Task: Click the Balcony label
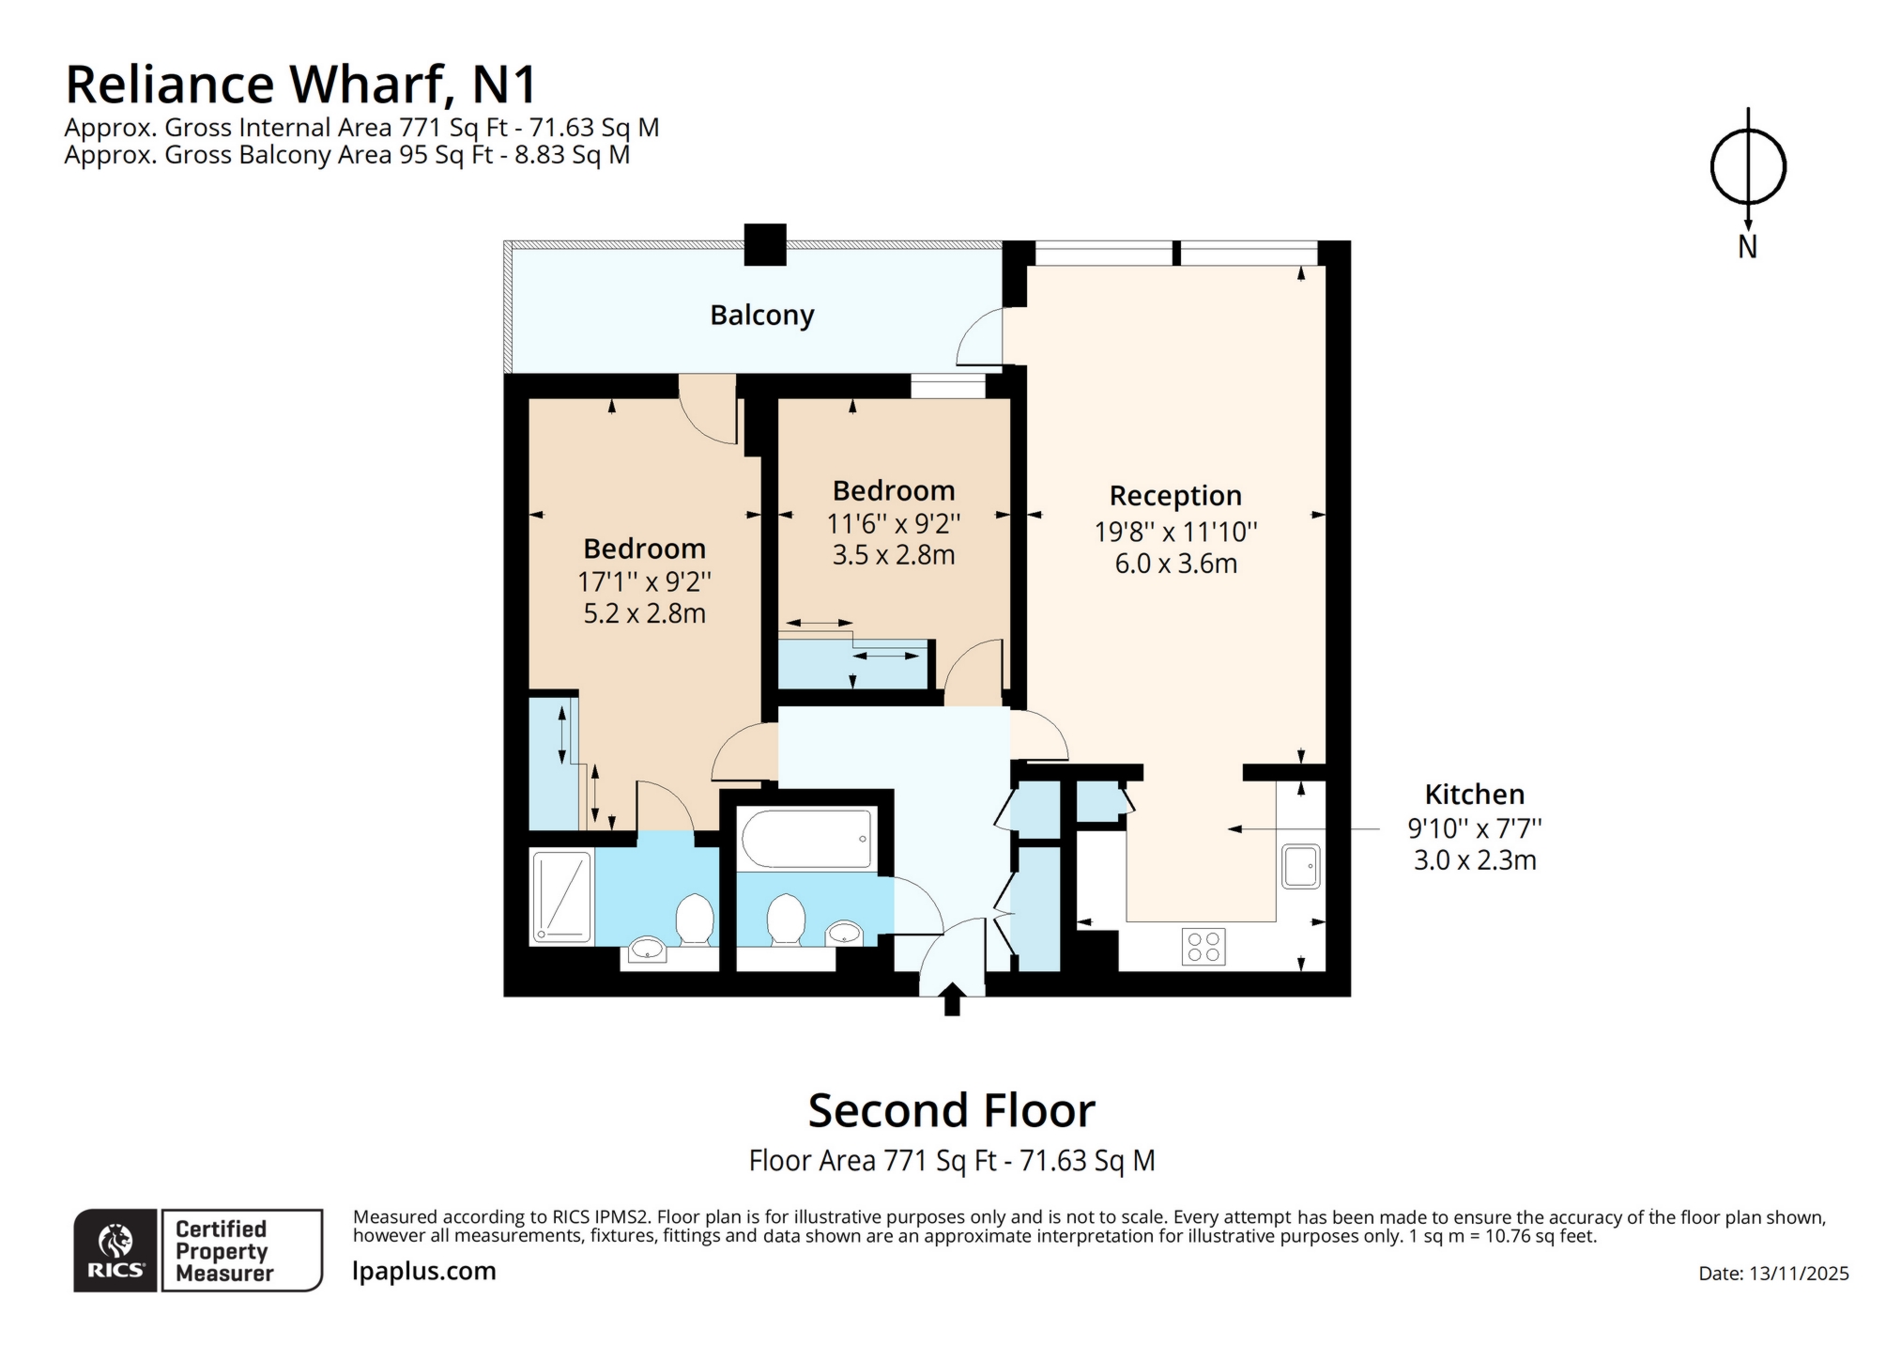click(x=761, y=315)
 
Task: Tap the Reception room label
click(x=1174, y=495)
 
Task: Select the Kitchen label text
click(x=1473, y=794)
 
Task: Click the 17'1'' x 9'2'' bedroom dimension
click(x=644, y=581)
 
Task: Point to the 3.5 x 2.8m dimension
click(x=893, y=555)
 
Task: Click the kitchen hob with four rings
click(x=1203, y=946)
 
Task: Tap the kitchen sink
click(x=1300, y=866)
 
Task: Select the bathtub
click(x=806, y=838)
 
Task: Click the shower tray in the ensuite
click(x=562, y=896)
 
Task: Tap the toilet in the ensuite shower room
click(x=695, y=919)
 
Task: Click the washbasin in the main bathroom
click(x=844, y=932)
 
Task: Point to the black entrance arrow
click(x=951, y=998)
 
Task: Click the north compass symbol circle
click(x=1746, y=167)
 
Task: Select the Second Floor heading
click(x=951, y=1110)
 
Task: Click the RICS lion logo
click(x=115, y=1242)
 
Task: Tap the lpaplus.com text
click(x=423, y=1271)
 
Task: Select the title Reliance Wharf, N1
click(x=300, y=85)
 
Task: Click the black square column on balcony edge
click(x=764, y=244)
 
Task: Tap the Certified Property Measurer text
click(x=223, y=1250)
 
